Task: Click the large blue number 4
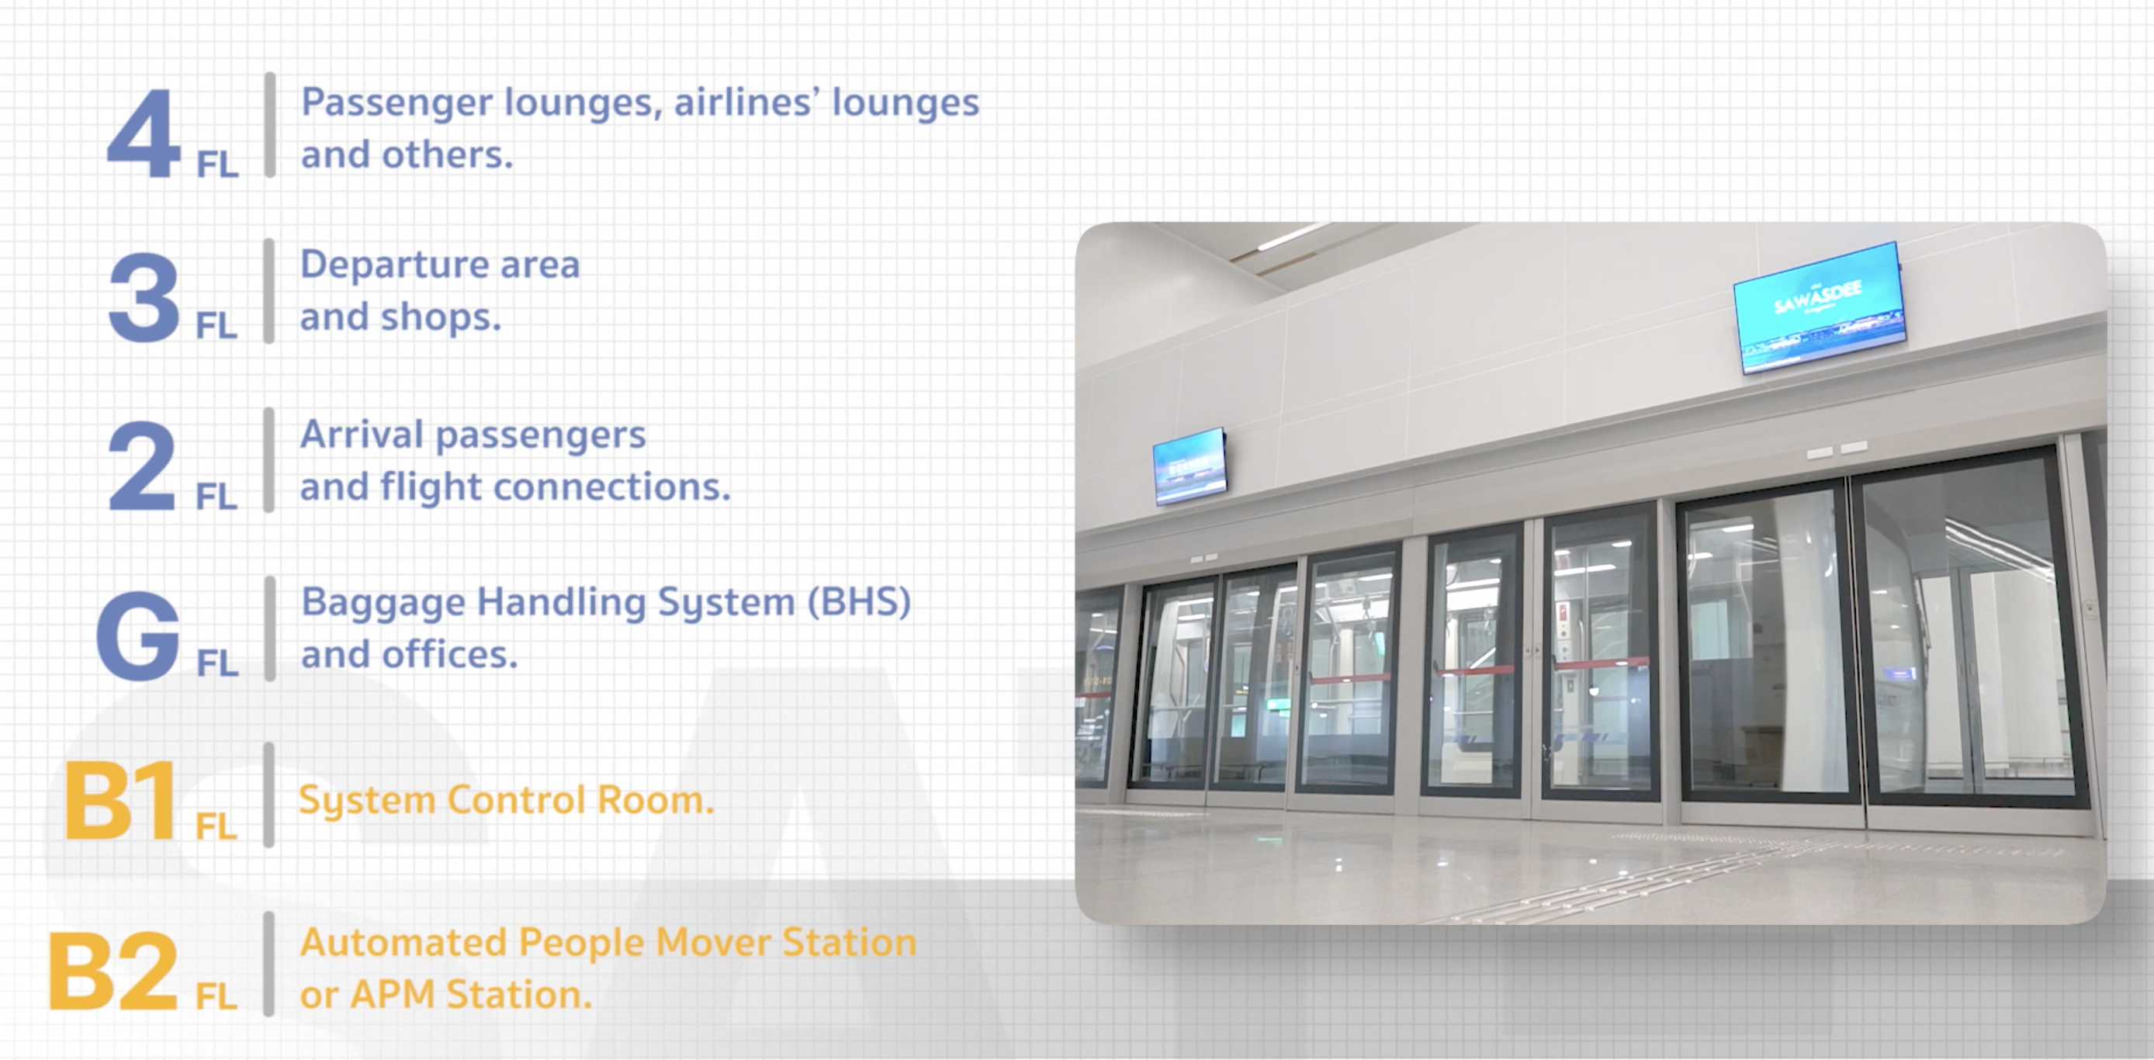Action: click(144, 133)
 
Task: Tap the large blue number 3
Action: click(144, 298)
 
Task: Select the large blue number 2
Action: click(142, 466)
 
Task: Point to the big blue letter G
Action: click(138, 636)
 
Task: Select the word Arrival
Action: click(362, 434)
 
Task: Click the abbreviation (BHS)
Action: click(859, 602)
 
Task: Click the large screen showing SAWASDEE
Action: click(1819, 307)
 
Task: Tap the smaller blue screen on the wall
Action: click(1190, 466)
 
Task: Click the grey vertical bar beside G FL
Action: click(269, 629)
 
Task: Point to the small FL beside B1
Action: click(216, 826)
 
